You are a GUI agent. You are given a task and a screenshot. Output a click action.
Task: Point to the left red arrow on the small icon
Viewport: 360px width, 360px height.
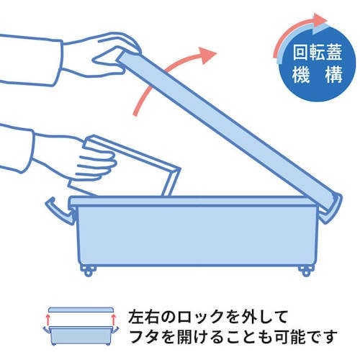click(x=49, y=316)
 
